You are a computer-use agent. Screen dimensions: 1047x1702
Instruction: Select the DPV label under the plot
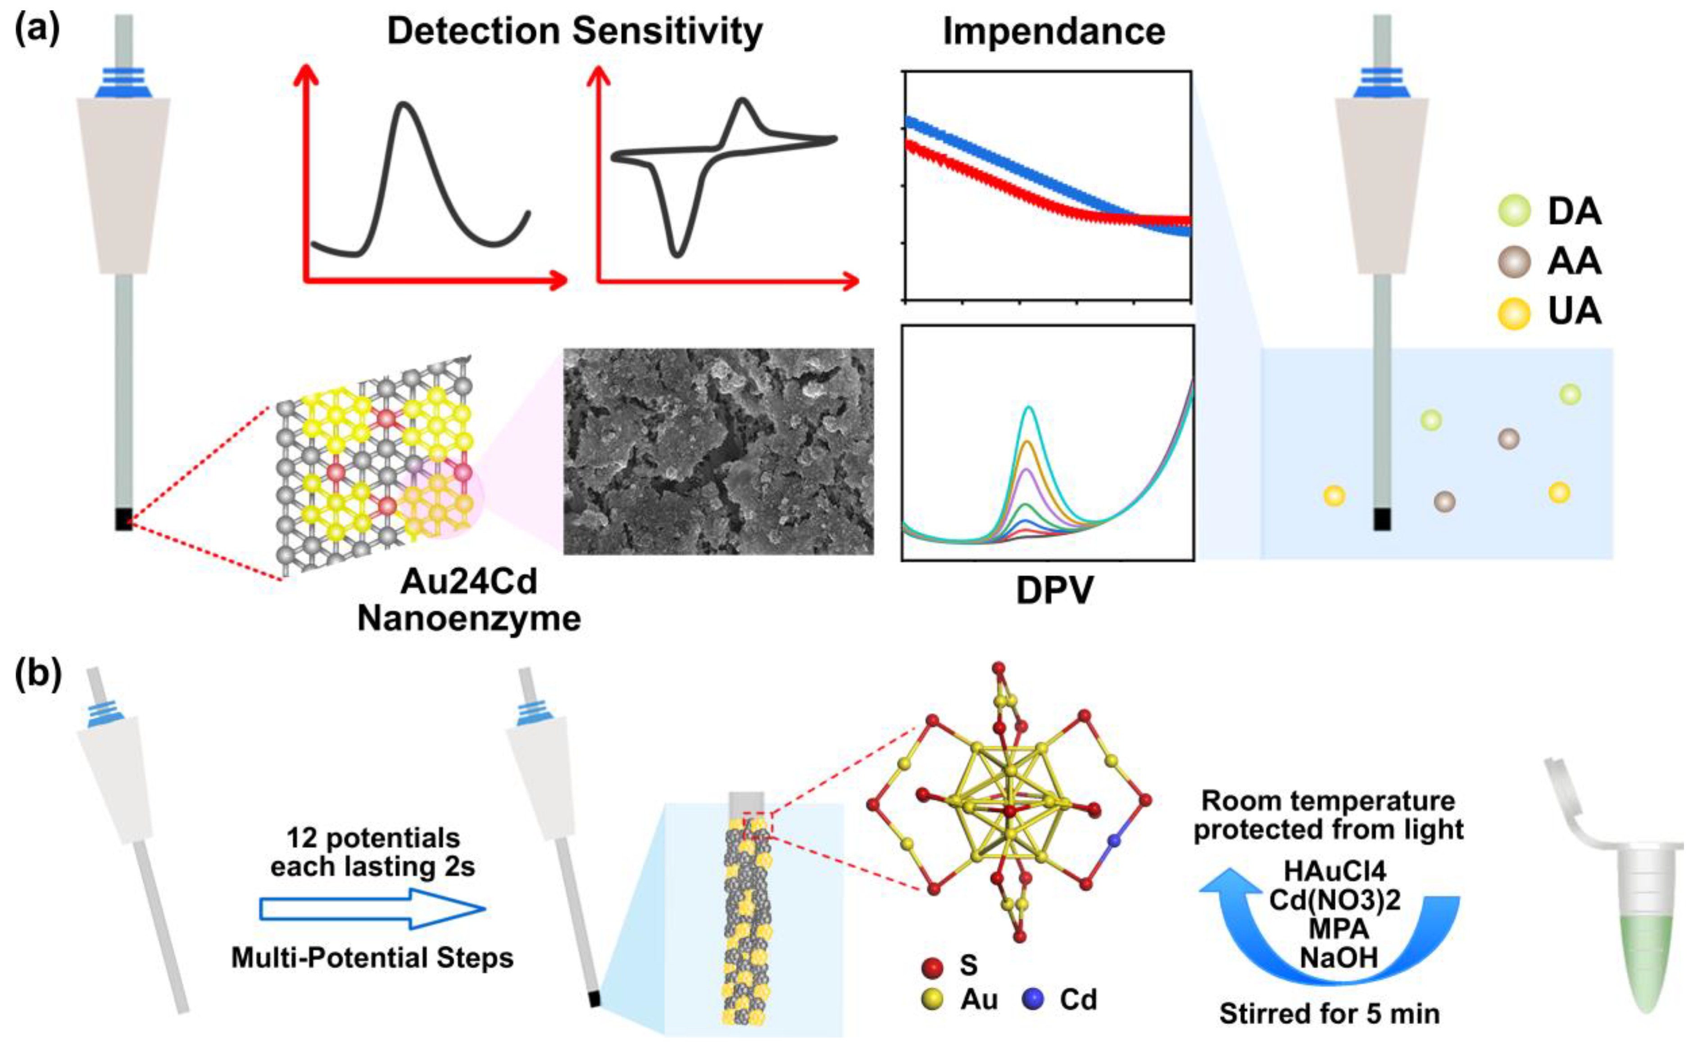1054,591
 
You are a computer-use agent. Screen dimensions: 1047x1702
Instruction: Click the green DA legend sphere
1514,211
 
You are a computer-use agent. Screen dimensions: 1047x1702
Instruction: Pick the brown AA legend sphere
1514,262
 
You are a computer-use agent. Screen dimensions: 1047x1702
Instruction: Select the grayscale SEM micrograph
718,451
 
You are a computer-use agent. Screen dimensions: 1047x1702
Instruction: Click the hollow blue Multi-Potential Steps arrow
372,909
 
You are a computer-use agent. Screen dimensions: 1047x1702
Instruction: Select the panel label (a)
38,31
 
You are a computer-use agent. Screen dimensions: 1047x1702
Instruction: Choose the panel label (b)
38,675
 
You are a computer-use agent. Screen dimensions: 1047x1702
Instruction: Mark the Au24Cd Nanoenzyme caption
469,600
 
